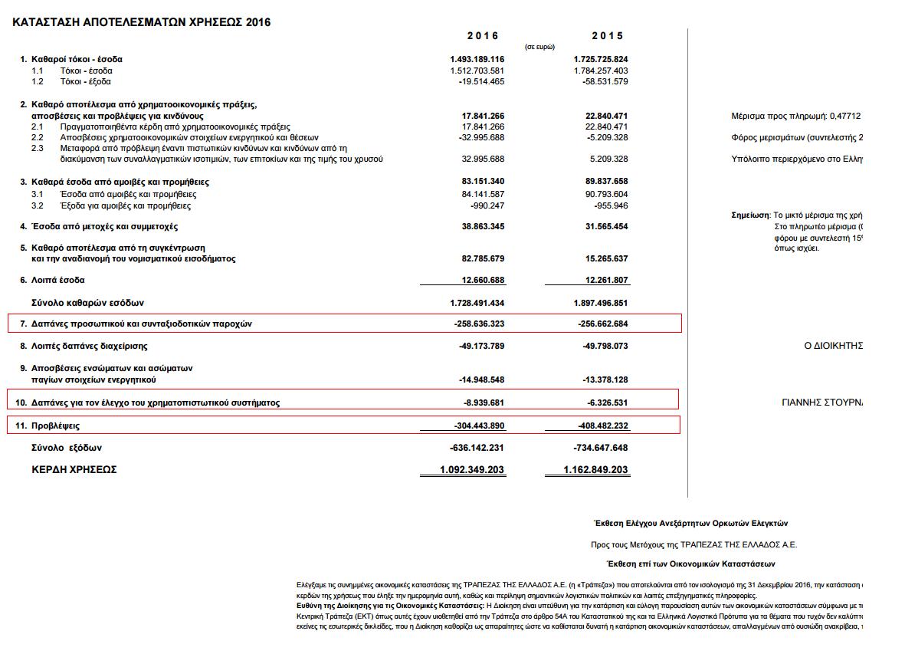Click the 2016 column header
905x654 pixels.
[x=483, y=35]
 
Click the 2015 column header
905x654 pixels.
[x=608, y=35]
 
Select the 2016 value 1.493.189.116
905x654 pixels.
[x=477, y=59]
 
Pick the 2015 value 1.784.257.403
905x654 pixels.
[x=601, y=71]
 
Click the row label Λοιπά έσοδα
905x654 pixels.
[x=58, y=280]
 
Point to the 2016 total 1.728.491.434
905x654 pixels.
[x=477, y=303]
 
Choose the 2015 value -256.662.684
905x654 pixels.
[x=603, y=324]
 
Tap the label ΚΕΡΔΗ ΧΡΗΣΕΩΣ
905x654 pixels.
[x=74, y=469]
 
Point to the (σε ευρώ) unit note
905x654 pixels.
[x=539, y=47]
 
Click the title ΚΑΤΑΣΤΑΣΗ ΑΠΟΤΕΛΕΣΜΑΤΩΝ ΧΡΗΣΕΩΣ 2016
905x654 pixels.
[x=142, y=22]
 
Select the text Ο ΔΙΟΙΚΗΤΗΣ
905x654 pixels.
[x=834, y=346]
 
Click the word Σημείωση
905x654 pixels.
[x=751, y=215]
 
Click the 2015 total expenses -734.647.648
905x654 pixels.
[x=601, y=448]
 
